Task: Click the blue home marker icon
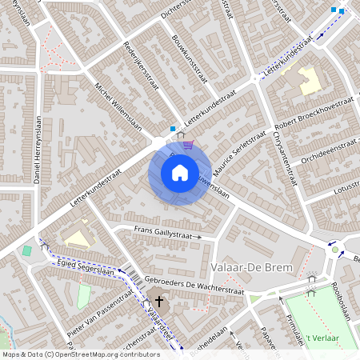[x=180, y=172]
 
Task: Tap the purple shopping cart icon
[x=187, y=144]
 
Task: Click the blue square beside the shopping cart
[x=173, y=128]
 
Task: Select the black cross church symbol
[x=159, y=302]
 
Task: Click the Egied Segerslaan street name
[x=86, y=266]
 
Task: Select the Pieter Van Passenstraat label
[x=100, y=311]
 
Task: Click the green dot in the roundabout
[x=335, y=250]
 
